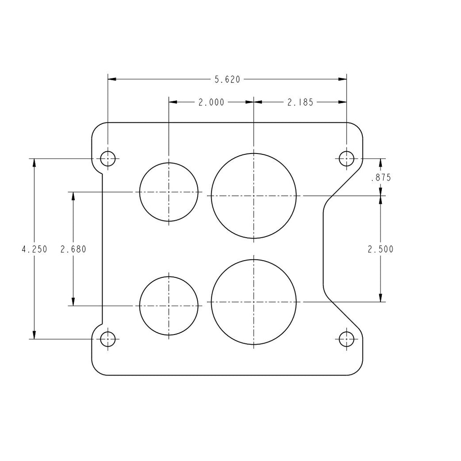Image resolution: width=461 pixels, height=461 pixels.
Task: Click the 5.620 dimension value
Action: tap(227, 79)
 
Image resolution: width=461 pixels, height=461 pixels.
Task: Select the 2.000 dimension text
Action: tap(212, 102)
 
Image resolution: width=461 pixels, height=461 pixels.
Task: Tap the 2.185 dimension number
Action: tap(300, 102)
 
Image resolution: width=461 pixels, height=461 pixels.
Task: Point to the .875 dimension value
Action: tap(381, 177)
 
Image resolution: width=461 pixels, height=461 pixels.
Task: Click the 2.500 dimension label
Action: tap(380, 249)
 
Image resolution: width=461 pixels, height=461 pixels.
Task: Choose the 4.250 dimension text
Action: tap(34, 249)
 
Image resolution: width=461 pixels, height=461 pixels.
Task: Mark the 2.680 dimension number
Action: tap(73, 249)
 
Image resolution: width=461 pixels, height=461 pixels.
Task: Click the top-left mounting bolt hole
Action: tap(108, 159)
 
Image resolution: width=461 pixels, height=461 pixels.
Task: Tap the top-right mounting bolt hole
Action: tap(346, 159)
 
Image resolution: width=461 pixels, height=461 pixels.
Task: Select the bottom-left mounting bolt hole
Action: tap(108, 339)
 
